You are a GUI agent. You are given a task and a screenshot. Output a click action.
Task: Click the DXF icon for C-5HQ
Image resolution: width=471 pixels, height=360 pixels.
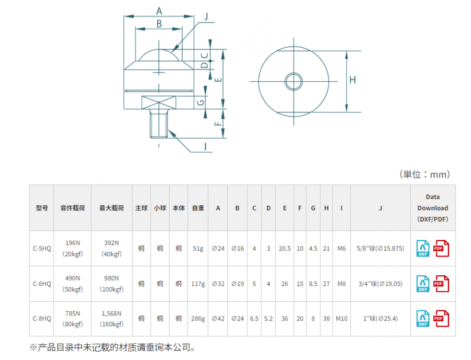(423, 248)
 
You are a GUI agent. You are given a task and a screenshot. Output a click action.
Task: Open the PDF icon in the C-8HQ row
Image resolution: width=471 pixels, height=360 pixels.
(441, 318)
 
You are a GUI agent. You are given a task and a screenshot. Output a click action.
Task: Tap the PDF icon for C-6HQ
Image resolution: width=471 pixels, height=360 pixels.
(441, 284)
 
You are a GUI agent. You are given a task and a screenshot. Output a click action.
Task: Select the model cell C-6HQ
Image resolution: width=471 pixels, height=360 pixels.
(42, 284)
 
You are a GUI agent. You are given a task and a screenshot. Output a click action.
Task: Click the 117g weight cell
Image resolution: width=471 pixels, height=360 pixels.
(198, 284)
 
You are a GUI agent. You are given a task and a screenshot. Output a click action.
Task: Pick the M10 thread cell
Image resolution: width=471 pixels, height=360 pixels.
(341, 318)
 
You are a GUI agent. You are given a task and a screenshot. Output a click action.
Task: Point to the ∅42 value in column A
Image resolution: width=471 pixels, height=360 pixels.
(218, 318)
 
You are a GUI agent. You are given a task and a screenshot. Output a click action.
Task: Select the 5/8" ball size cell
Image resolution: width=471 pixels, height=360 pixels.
(380, 248)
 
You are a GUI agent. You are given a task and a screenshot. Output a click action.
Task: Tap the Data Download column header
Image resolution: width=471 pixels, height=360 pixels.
(433, 208)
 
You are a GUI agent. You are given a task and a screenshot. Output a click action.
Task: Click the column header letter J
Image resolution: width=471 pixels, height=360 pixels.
(380, 208)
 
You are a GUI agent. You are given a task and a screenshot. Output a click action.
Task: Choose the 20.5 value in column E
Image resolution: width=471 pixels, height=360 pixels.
(284, 248)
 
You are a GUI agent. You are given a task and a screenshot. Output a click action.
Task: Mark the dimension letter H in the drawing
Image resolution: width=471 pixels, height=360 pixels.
(353, 80)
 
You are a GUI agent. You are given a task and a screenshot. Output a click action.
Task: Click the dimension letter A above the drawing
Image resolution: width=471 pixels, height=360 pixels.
(159, 11)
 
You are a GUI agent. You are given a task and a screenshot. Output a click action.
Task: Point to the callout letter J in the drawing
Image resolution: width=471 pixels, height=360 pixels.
(206, 16)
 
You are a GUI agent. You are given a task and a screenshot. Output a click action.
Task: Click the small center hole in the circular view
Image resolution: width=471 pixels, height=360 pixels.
(293, 81)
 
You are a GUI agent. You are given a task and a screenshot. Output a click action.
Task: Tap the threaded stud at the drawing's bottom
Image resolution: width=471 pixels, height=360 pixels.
(158, 124)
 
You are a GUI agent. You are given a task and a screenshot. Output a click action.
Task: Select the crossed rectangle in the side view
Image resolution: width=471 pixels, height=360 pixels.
(158, 102)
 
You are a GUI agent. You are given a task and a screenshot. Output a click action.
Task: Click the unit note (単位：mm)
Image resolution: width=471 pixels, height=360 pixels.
(424, 174)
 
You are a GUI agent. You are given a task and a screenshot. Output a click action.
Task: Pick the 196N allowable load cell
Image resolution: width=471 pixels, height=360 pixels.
(72, 248)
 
